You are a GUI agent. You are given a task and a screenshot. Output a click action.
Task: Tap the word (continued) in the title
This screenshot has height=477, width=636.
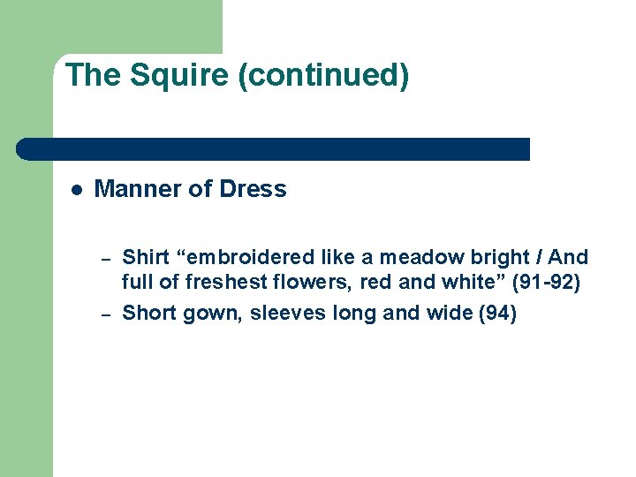tap(323, 75)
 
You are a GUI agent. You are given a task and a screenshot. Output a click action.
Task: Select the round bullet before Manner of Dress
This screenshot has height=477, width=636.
tap(77, 189)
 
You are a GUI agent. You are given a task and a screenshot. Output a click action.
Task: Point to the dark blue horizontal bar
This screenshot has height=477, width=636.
tap(274, 148)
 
